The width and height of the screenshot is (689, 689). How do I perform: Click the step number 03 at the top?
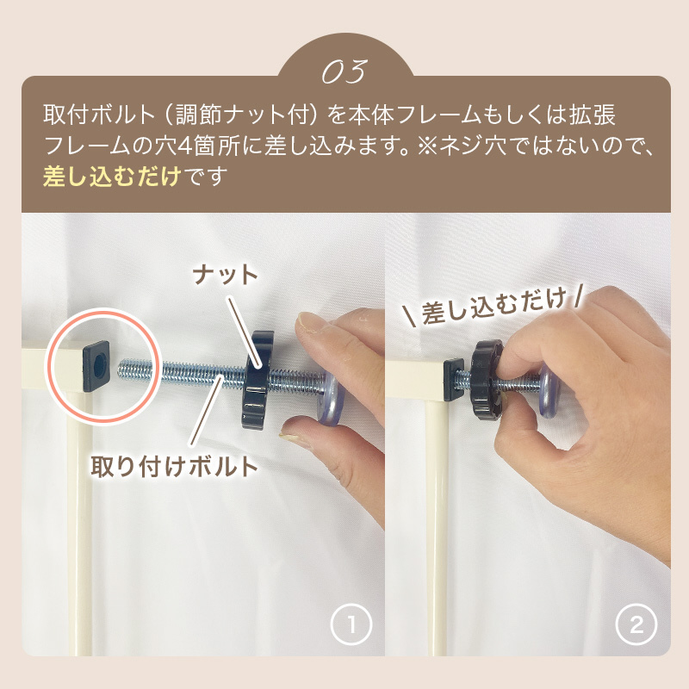point(344,71)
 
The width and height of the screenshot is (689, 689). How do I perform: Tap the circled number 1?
point(351,624)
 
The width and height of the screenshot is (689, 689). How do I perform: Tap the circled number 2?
point(636,624)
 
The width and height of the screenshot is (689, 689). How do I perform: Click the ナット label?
point(226,275)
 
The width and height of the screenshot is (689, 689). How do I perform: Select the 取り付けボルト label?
point(174,466)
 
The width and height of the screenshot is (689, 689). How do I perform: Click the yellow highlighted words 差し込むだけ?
point(112,176)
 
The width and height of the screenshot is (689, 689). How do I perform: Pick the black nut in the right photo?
point(487,380)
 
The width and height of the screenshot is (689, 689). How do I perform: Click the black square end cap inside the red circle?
point(96,366)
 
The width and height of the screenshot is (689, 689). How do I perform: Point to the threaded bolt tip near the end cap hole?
point(123,368)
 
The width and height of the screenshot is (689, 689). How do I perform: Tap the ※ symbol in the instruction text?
point(427,146)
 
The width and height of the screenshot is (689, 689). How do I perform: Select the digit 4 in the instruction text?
point(186,146)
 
